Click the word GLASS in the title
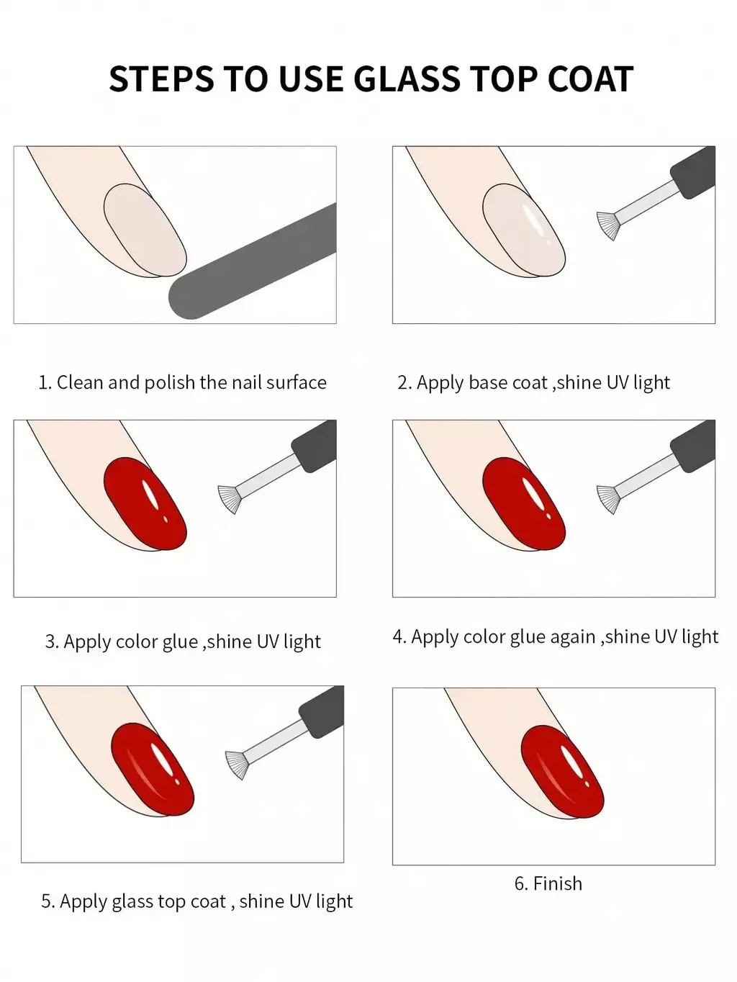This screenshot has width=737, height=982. point(407,79)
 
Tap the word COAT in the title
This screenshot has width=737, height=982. point(590,79)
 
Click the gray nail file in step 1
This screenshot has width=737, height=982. point(253,261)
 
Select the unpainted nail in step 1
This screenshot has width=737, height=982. point(145,230)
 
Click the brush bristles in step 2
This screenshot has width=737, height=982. point(608,225)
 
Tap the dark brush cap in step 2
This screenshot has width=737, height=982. point(692,172)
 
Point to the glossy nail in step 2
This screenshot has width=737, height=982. point(524,230)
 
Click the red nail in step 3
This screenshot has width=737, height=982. point(145,503)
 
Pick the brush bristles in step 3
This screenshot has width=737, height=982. point(230,499)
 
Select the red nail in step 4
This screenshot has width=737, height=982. point(524,503)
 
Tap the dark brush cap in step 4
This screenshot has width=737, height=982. point(692,446)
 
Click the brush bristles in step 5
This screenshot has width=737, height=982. point(237,765)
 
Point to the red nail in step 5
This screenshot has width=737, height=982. point(153,769)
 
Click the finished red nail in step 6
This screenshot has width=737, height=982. point(563,771)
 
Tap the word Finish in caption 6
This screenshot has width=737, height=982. point(558,883)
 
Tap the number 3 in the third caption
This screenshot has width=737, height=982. point(50,642)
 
